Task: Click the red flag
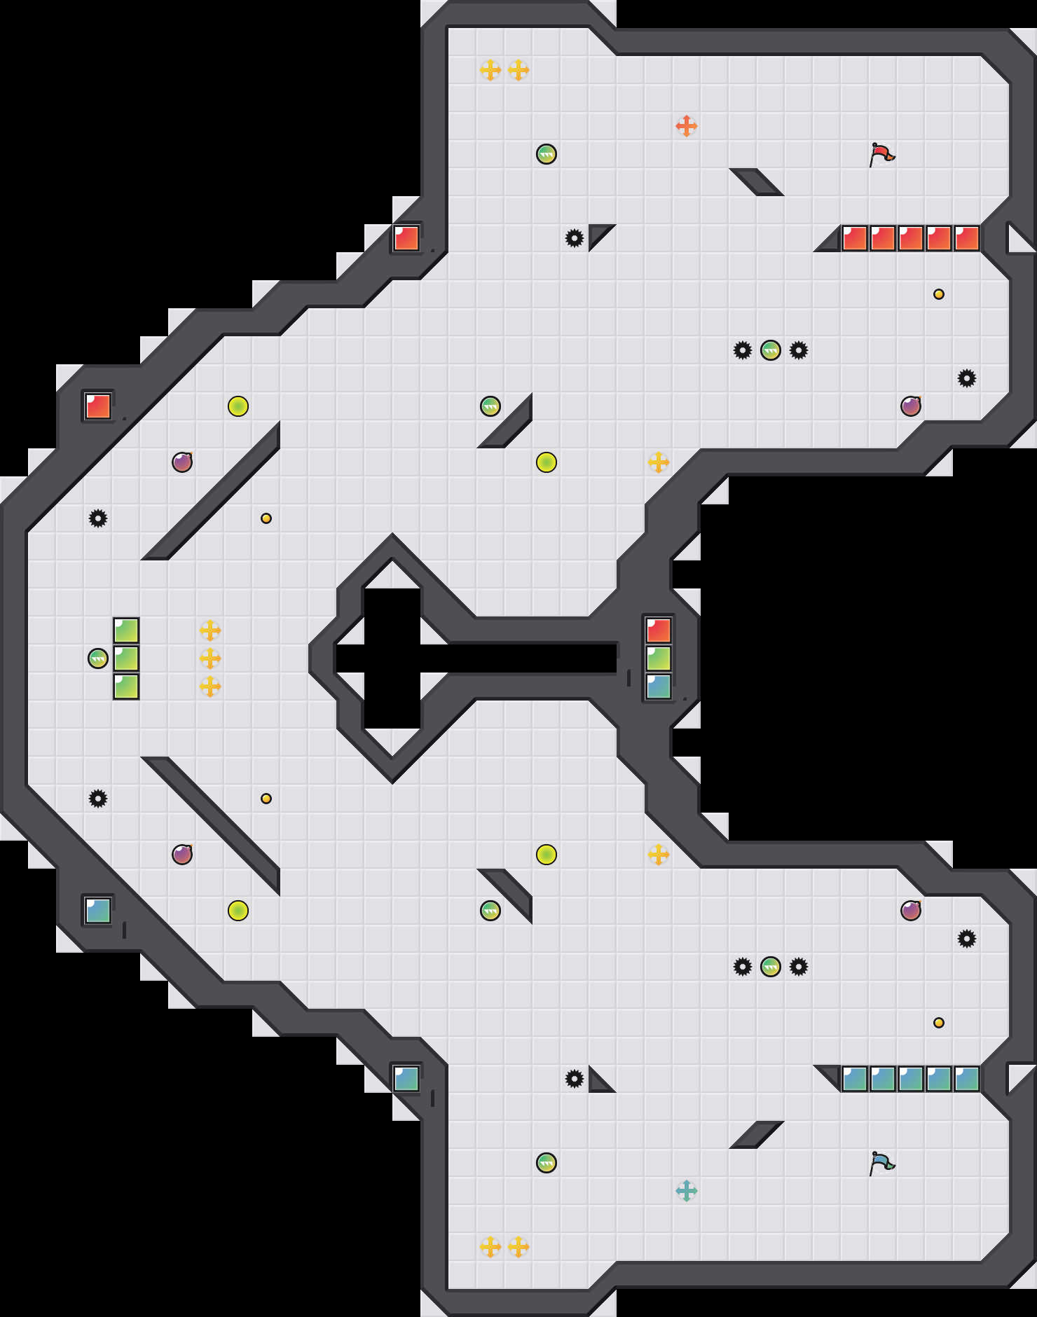pos(882,153)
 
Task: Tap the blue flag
pos(882,1163)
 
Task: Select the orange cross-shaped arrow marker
pos(687,126)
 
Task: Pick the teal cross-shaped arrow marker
pos(687,1191)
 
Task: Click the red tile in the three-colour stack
pos(659,630)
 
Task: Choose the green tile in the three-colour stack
pos(659,658)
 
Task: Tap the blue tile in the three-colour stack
pos(659,687)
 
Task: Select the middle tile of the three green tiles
pos(126,658)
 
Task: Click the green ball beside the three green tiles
pos(98,658)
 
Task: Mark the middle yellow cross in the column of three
pos(210,658)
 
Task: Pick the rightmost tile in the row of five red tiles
pos(967,238)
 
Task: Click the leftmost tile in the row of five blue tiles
pos(855,1079)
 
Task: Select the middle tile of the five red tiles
pos(911,238)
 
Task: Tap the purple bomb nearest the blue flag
pos(911,911)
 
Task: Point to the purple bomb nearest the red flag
pos(911,406)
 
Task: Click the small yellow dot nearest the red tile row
pos(939,294)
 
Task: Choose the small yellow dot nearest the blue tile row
pos(939,1023)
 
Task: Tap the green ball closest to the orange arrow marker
pos(547,154)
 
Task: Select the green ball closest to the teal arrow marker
pos(547,1163)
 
